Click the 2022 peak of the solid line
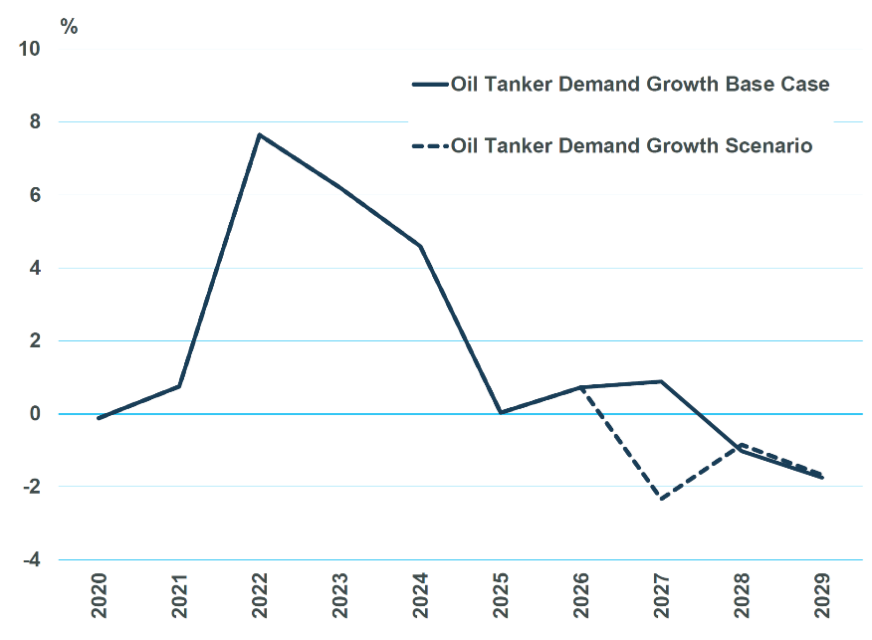point(260,134)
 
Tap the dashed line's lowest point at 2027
point(661,499)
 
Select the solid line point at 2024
point(421,246)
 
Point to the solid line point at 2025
point(501,412)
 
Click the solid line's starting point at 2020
point(99,418)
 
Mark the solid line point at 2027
point(661,381)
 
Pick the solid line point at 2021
point(179,386)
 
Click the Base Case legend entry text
point(640,85)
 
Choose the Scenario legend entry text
point(632,146)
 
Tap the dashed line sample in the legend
point(430,146)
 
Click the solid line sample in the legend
point(430,85)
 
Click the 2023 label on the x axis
point(340,596)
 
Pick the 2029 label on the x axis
point(822,596)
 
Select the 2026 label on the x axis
point(581,596)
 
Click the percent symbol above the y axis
point(69,27)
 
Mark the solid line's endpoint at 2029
point(822,478)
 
